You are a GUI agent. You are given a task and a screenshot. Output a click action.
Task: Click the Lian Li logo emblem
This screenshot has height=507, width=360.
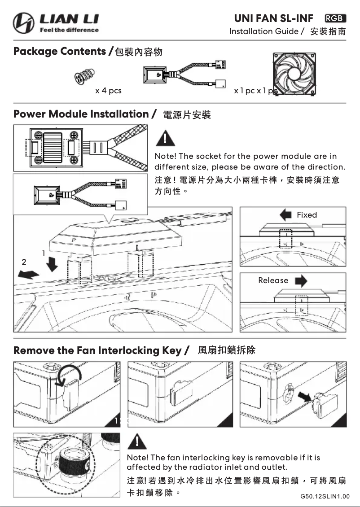(x=23, y=23)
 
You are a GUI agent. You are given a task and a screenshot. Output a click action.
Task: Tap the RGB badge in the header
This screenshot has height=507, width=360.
(x=335, y=18)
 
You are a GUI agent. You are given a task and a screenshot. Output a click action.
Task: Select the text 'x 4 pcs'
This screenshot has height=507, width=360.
(x=108, y=91)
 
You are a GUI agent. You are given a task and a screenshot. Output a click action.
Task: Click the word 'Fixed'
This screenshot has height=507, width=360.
(x=307, y=215)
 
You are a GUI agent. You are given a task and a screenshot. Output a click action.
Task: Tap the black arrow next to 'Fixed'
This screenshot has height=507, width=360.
(x=285, y=215)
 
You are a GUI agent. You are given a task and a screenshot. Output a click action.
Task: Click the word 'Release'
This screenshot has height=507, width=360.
(x=273, y=280)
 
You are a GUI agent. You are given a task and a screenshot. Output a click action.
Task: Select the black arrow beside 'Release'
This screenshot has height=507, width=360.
(x=301, y=281)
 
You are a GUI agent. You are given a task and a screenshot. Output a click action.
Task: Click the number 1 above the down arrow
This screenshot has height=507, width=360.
(x=44, y=253)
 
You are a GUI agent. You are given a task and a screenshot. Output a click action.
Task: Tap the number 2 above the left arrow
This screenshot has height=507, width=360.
(x=24, y=262)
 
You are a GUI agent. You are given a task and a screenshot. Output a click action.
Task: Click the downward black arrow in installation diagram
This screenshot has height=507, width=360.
(x=53, y=265)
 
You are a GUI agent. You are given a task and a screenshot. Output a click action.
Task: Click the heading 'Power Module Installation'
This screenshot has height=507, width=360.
(x=81, y=114)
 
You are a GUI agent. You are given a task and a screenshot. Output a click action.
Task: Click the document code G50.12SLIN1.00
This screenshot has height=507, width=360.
(x=325, y=497)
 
